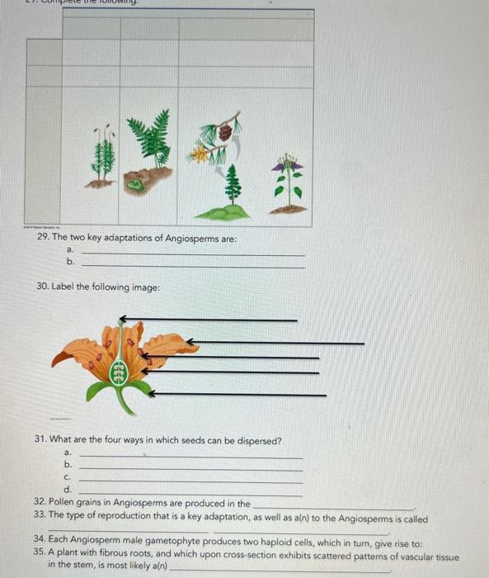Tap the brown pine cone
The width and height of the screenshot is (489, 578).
pos(223,132)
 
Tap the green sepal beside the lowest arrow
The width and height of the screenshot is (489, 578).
pos(140,389)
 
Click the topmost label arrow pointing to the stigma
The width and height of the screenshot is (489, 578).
pos(206,319)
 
